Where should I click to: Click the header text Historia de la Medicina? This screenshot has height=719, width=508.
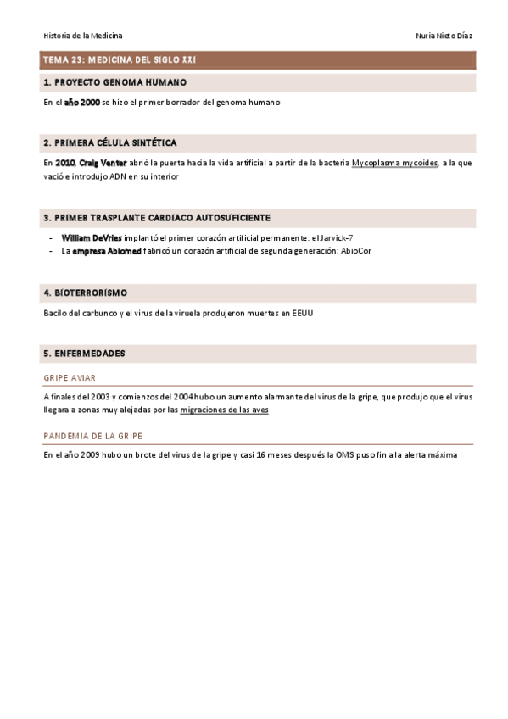tap(83, 36)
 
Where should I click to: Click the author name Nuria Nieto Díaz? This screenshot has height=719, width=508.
tap(444, 36)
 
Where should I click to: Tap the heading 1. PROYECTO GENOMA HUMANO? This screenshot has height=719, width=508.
tap(114, 82)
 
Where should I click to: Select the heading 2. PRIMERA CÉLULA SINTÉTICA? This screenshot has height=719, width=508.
tap(110, 142)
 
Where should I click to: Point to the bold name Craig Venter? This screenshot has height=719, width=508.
tap(103, 162)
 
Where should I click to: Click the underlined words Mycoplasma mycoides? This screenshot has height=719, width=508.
tap(395, 162)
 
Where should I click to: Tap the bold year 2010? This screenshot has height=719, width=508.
tap(64, 162)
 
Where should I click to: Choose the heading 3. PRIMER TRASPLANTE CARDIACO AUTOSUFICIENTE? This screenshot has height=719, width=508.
tap(157, 218)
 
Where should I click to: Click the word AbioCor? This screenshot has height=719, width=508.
tap(355, 251)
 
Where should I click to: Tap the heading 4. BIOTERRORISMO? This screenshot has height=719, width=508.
tap(85, 293)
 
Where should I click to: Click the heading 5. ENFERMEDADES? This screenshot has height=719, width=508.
tap(84, 352)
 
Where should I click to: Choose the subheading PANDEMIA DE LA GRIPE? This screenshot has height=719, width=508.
tap(92, 436)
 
